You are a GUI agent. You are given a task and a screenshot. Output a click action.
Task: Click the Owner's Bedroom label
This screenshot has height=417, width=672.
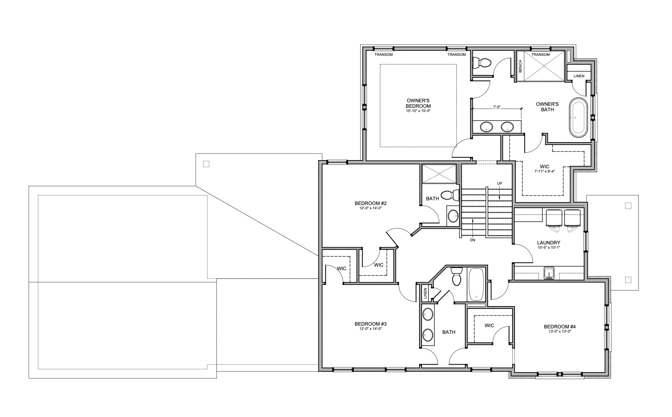[x=418, y=103]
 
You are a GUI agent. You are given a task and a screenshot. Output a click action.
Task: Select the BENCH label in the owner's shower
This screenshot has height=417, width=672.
[x=520, y=66]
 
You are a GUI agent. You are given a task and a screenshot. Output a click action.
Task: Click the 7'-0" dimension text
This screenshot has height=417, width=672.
[x=497, y=106]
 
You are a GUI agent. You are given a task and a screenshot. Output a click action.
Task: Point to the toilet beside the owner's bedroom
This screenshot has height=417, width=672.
[x=482, y=63]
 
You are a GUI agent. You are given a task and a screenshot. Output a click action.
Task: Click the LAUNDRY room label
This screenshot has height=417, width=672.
[x=549, y=242]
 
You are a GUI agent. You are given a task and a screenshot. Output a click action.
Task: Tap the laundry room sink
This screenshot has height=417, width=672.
[x=549, y=273]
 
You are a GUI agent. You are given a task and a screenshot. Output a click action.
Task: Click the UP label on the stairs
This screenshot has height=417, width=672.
[x=499, y=183]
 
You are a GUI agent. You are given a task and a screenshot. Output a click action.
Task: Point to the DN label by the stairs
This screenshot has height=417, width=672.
[x=473, y=240]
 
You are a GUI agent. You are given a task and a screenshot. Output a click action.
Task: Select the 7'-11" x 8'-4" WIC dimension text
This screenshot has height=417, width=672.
[x=545, y=171]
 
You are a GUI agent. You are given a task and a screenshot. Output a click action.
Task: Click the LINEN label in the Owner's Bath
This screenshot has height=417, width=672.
[x=579, y=76]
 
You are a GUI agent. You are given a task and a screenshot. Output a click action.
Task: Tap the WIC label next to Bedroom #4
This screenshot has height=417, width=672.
[x=489, y=325]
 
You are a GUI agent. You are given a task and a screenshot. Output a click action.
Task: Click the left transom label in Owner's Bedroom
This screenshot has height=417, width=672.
[x=383, y=54]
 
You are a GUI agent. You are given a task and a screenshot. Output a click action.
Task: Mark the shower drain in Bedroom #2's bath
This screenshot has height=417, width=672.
[x=439, y=173]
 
